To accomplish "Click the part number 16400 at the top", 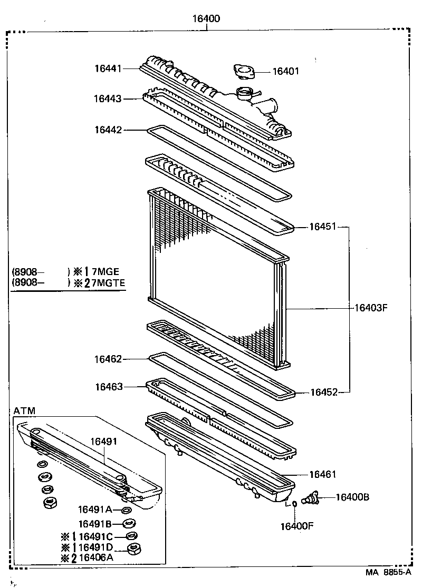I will pos(205,19).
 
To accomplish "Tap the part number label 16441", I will pos(108,68).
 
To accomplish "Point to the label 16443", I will pos(108,99).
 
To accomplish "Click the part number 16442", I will pos(108,129).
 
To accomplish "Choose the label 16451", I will pos(322,227).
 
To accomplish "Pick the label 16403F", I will pos(370,307).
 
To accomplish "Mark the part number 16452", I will pos(322,392).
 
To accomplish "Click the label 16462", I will pos(108,359).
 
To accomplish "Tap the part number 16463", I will pos(108,387).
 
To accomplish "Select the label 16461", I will pos(322,474).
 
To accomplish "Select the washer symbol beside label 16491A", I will pos(127,510).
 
